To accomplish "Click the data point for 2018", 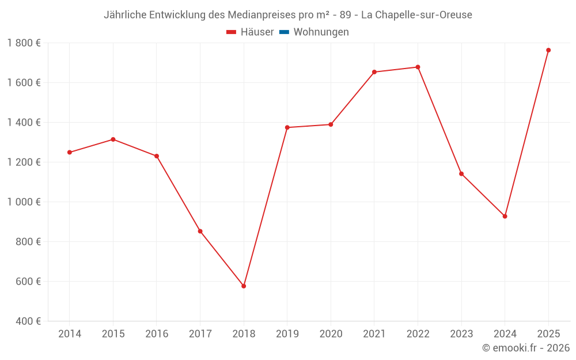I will (x=244, y=286).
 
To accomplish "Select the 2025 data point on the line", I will (x=548, y=50).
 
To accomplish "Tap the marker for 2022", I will (x=418, y=67).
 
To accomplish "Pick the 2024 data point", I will (x=505, y=216).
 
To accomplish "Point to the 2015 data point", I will (x=113, y=139).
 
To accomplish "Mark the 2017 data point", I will (x=200, y=231).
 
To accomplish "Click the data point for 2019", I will (x=287, y=127).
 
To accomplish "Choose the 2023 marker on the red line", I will (x=461, y=173).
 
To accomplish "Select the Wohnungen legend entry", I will (x=321, y=32).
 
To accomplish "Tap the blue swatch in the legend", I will (x=284, y=32).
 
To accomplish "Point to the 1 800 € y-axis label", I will (x=24, y=43).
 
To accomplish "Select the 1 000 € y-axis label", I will (x=24, y=202).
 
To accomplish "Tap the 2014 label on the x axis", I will (x=70, y=334).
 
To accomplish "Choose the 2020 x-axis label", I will (x=331, y=334).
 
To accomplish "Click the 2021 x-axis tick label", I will (x=374, y=334).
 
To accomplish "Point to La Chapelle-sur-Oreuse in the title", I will (x=416, y=15).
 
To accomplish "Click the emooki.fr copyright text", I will (x=525, y=348).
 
